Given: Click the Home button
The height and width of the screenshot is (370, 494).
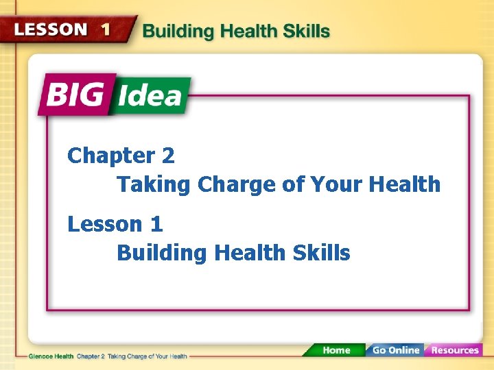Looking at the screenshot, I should pos(336,350).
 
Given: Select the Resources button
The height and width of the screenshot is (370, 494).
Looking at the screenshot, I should pos(454,350).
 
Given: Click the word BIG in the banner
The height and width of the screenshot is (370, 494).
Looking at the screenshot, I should pos(77,95).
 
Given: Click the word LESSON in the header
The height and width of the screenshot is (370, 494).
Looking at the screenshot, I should pos(51,29).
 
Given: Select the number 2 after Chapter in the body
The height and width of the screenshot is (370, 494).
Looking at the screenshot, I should pos(168,156).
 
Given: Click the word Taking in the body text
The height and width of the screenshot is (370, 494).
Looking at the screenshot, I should pos(154,185).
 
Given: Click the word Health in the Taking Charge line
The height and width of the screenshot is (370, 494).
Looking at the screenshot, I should pos(404,184).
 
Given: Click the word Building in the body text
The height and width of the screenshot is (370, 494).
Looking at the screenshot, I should pos(162,253).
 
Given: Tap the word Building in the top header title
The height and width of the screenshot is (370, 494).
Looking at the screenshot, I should pos(175,32).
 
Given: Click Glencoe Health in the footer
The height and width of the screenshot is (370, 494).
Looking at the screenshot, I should pos(51,356).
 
